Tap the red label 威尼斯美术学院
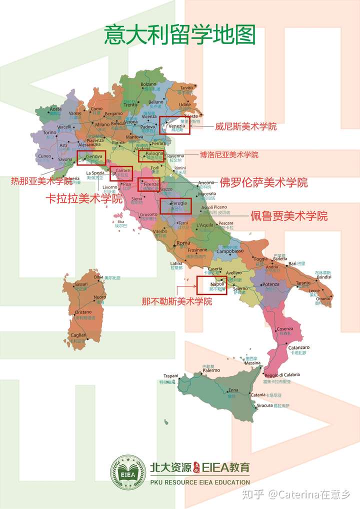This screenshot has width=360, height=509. (245, 126)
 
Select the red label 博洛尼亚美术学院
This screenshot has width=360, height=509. (229, 154)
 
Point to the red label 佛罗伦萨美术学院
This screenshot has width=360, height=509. (263, 182)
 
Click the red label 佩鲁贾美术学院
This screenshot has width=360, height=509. (289, 216)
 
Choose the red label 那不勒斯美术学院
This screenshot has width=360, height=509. (176, 301)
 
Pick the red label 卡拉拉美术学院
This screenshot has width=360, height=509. (84, 198)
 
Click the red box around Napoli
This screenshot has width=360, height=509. (212, 284)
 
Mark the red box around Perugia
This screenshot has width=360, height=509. (176, 205)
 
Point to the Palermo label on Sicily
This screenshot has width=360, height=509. (211, 370)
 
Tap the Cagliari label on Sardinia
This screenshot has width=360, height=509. (78, 335)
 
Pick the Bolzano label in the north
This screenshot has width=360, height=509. (148, 84)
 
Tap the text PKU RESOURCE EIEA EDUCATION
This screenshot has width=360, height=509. (199, 482)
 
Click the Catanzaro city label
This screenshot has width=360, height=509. (298, 347)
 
